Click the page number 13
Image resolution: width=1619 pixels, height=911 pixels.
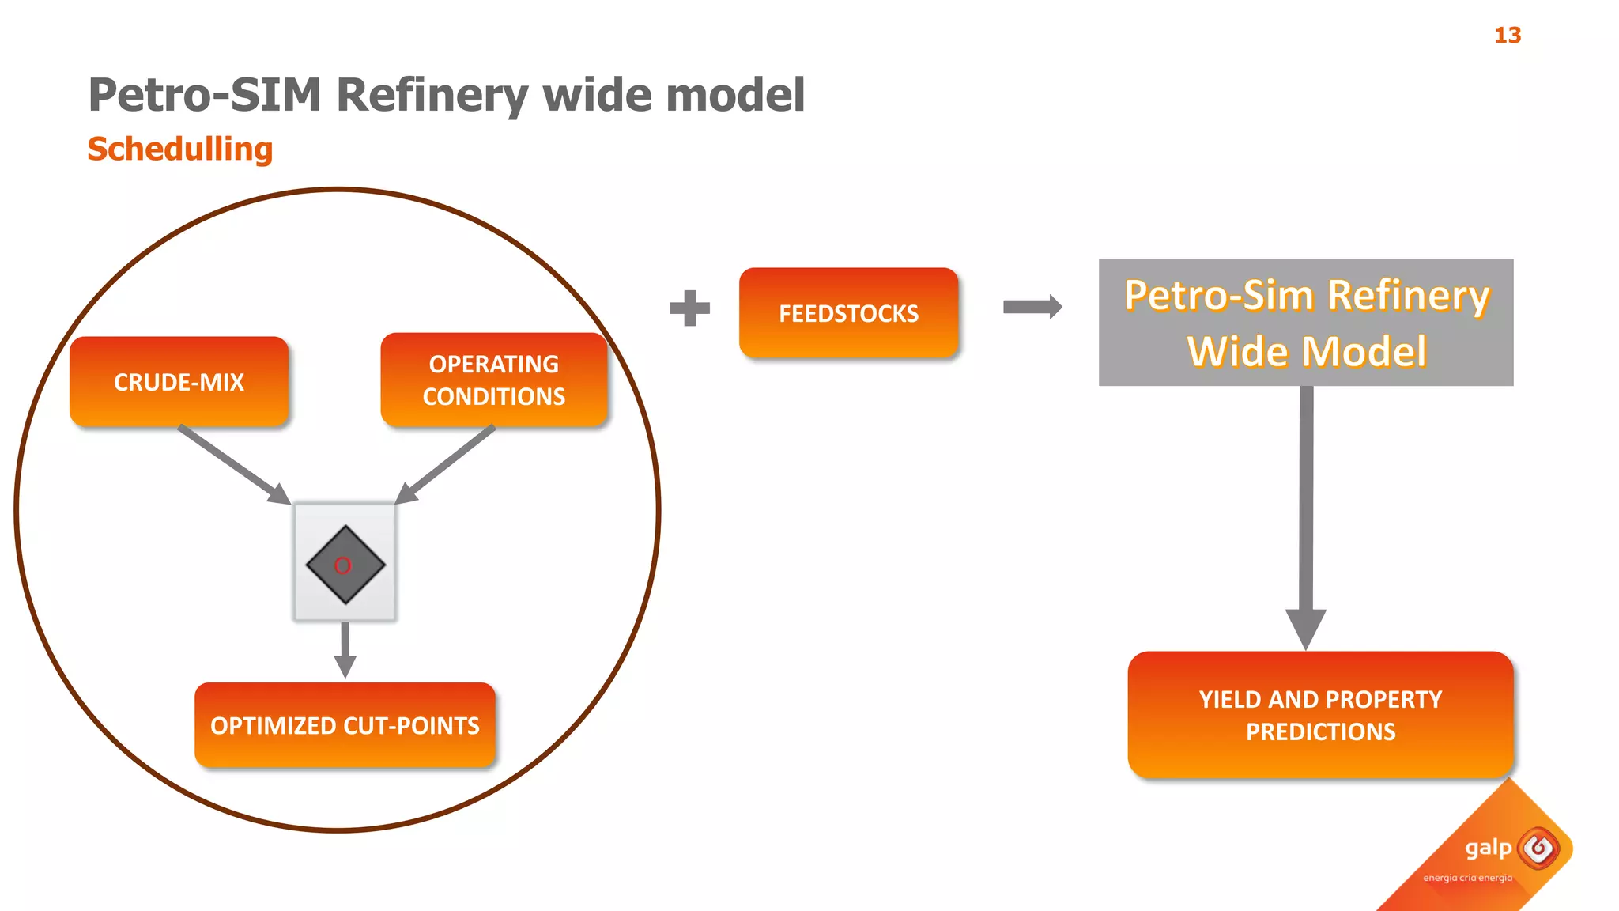coord(1507,36)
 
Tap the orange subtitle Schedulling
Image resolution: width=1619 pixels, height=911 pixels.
coord(180,149)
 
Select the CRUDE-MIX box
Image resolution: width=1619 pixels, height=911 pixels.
coord(179,382)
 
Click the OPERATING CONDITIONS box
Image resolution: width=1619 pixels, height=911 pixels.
coord(493,380)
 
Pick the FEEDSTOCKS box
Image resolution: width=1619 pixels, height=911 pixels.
coord(848,313)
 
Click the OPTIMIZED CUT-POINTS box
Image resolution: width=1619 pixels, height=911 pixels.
coord(345,725)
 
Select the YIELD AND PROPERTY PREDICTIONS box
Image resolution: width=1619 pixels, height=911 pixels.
coord(1320,715)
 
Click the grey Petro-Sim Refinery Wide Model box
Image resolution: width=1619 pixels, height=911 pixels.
coord(1306,323)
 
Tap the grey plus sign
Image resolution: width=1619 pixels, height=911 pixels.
coord(689,308)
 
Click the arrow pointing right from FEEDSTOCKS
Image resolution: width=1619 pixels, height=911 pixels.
coord(1032,307)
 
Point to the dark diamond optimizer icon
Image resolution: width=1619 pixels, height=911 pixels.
coord(345,565)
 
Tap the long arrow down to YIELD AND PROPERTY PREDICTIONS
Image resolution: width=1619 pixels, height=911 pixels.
coord(1306,514)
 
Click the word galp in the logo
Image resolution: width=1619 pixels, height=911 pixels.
coord(1488,849)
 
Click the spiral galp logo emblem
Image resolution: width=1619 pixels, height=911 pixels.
coord(1538,849)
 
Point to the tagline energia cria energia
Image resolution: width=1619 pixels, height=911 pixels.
coord(1467,878)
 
